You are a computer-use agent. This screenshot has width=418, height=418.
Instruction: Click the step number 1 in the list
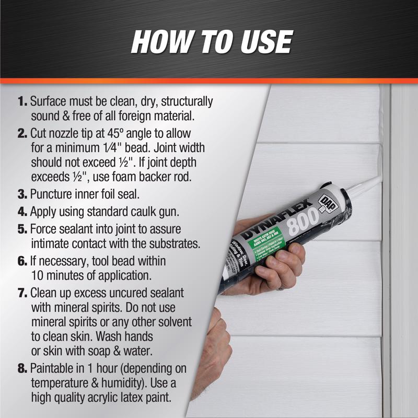point(22,101)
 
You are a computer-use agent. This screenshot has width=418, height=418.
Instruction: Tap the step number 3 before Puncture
point(23,195)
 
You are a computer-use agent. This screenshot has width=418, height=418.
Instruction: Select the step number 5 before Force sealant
point(23,229)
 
